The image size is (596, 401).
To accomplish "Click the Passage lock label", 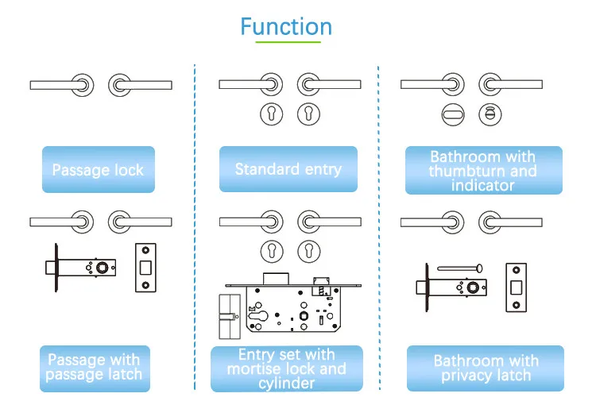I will coord(98,169).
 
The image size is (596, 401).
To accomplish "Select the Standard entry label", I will coord(288,168).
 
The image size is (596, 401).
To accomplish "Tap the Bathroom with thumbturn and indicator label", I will coord(483,171).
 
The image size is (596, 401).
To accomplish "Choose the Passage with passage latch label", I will coord(94,367).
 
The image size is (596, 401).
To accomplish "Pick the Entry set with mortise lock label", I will coord(286,368).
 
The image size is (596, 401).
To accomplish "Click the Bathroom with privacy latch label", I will coord(485,368).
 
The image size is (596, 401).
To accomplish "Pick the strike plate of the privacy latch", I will coord(516,287).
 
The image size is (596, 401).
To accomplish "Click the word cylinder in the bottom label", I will coord(286,384).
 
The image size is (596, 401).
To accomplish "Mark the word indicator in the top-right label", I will coord(483,186).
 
